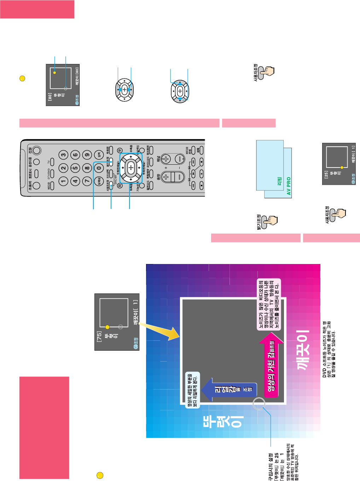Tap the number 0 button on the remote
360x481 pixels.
99,168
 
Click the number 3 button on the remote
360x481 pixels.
63,154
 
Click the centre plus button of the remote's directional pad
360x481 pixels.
131,168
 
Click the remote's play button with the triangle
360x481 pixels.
193,174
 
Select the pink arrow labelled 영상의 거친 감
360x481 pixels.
272,366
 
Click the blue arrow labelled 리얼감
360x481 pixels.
226,389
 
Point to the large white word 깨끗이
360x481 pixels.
303,350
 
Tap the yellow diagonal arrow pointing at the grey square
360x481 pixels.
159,331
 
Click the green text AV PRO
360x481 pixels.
289,186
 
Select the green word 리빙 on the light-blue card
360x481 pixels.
279,181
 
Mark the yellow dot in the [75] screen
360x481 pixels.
108,327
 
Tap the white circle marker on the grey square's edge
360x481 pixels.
259,403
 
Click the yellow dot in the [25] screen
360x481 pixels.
342,167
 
